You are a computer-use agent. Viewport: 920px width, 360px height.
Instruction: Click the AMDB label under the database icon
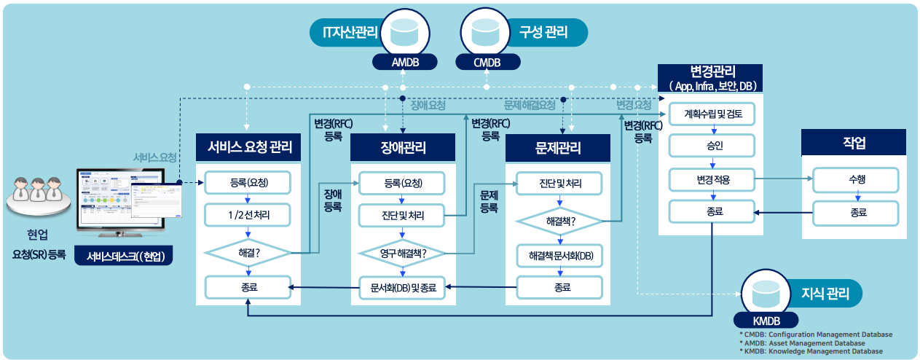[405, 62]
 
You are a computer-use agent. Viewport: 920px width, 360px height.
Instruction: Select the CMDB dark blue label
[487, 62]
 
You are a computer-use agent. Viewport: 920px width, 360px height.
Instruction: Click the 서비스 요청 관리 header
[249, 148]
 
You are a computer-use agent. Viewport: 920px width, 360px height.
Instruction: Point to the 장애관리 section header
[403, 148]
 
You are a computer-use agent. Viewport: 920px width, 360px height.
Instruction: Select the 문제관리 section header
[557, 148]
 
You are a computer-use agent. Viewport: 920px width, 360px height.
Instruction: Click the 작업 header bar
[853, 143]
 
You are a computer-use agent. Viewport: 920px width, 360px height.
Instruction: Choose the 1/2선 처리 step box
[248, 215]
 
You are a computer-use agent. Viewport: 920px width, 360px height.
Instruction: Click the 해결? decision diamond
[248, 253]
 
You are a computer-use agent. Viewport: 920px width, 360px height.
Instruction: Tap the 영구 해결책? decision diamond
[403, 253]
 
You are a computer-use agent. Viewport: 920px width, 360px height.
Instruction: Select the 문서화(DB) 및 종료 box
[403, 288]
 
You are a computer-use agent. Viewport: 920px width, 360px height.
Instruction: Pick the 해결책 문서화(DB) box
[559, 255]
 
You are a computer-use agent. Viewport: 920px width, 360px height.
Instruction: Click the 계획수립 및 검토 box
[709, 114]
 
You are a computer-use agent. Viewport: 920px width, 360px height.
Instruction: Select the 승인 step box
[709, 146]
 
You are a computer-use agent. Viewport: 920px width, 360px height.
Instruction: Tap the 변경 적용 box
[709, 179]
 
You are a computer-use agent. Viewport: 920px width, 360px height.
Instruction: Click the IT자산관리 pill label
[345, 32]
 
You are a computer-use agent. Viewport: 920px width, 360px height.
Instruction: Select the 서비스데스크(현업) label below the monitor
[125, 256]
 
